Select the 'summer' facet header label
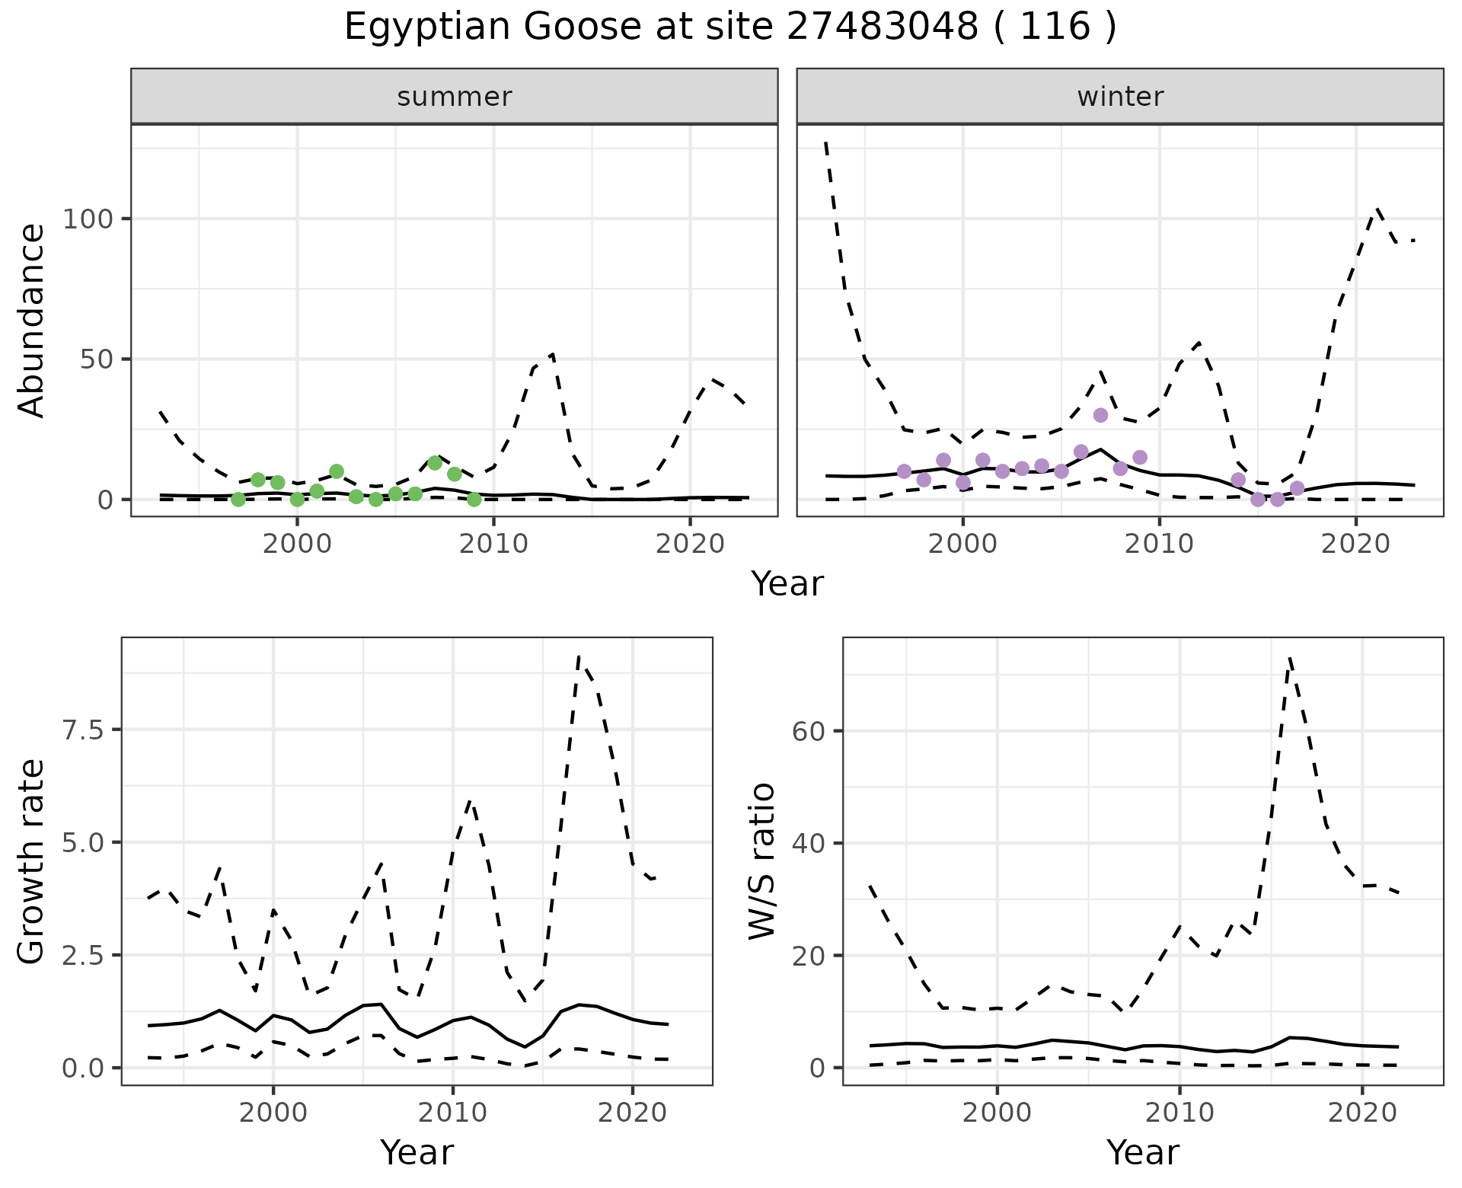pyautogui.click(x=455, y=97)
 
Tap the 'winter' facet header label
pyautogui.click(x=1120, y=97)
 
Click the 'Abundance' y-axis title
pyautogui.click(x=32, y=321)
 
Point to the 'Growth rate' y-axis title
pyautogui.click(x=32, y=862)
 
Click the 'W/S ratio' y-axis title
pyautogui.click(x=762, y=862)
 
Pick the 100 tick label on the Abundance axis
pyautogui.click(x=88, y=219)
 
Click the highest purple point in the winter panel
pyautogui.click(x=1100, y=415)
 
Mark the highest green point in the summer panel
pyautogui.click(x=435, y=463)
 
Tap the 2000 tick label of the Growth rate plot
pyautogui.click(x=273, y=1113)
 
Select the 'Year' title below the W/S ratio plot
pyautogui.click(x=1143, y=1152)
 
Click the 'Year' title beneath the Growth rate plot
pyautogui.click(x=417, y=1152)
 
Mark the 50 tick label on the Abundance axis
pyautogui.click(x=96, y=359)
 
